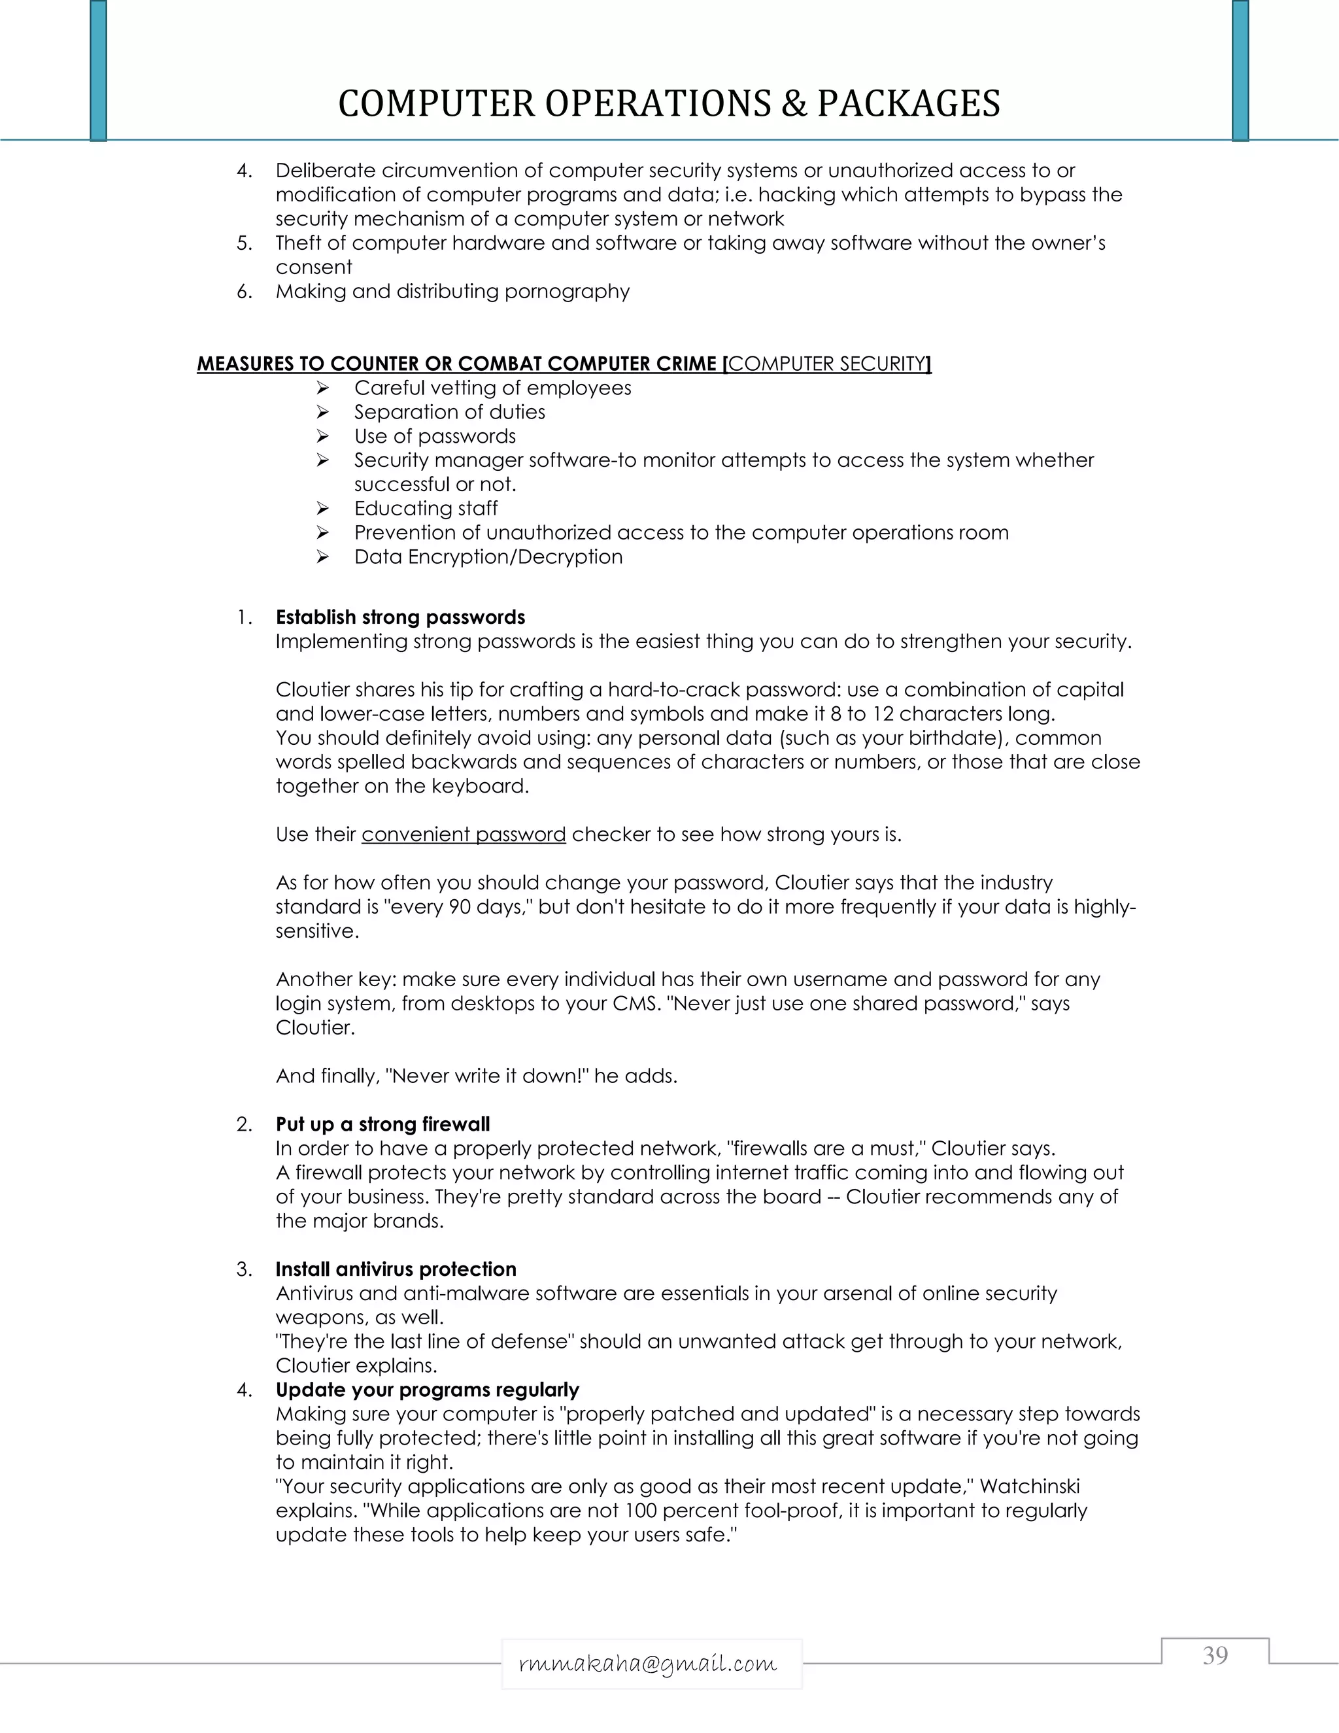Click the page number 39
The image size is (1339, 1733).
tap(1215, 1655)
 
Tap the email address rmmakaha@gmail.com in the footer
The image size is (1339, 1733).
tap(647, 1663)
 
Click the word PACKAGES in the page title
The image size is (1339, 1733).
tap(908, 103)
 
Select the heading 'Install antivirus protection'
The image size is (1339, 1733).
tap(396, 1269)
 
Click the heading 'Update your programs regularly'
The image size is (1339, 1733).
tap(427, 1390)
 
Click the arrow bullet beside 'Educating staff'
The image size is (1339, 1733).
tap(322, 509)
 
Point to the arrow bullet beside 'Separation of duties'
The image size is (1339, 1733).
tap(322, 412)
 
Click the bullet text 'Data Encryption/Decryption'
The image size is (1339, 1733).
tap(488, 557)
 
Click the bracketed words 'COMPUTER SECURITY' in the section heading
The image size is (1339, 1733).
tap(827, 364)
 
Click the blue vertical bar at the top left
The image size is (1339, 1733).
tap(98, 70)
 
